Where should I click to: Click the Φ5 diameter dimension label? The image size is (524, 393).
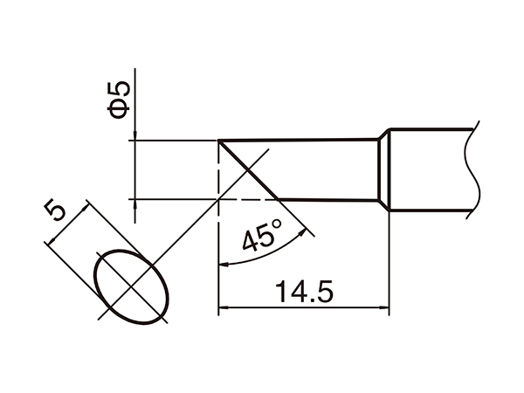point(121,98)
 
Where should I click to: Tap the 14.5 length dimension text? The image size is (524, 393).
point(302,291)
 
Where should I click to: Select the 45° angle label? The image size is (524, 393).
point(261,234)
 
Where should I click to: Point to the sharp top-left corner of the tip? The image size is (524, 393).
point(217,140)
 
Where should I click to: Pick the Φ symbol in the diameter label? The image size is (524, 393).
point(121,107)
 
